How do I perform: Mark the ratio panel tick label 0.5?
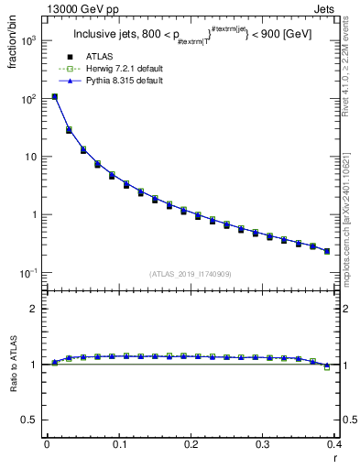click(33, 420)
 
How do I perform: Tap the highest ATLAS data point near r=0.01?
click(55, 96)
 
